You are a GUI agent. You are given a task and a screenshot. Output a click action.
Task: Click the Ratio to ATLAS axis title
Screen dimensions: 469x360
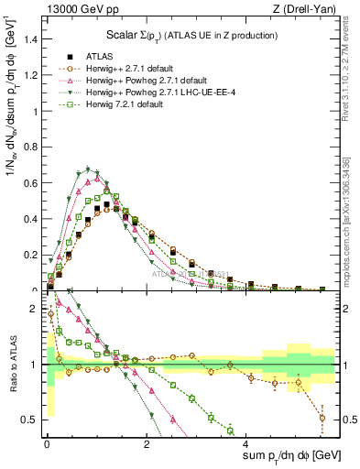pyautogui.click(x=11, y=365)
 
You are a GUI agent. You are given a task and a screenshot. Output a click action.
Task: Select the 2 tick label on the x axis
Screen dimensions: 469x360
pyautogui.click(x=146, y=443)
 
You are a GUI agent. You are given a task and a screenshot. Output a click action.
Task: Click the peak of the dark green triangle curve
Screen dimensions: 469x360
pyautogui.click(x=87, y=169)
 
